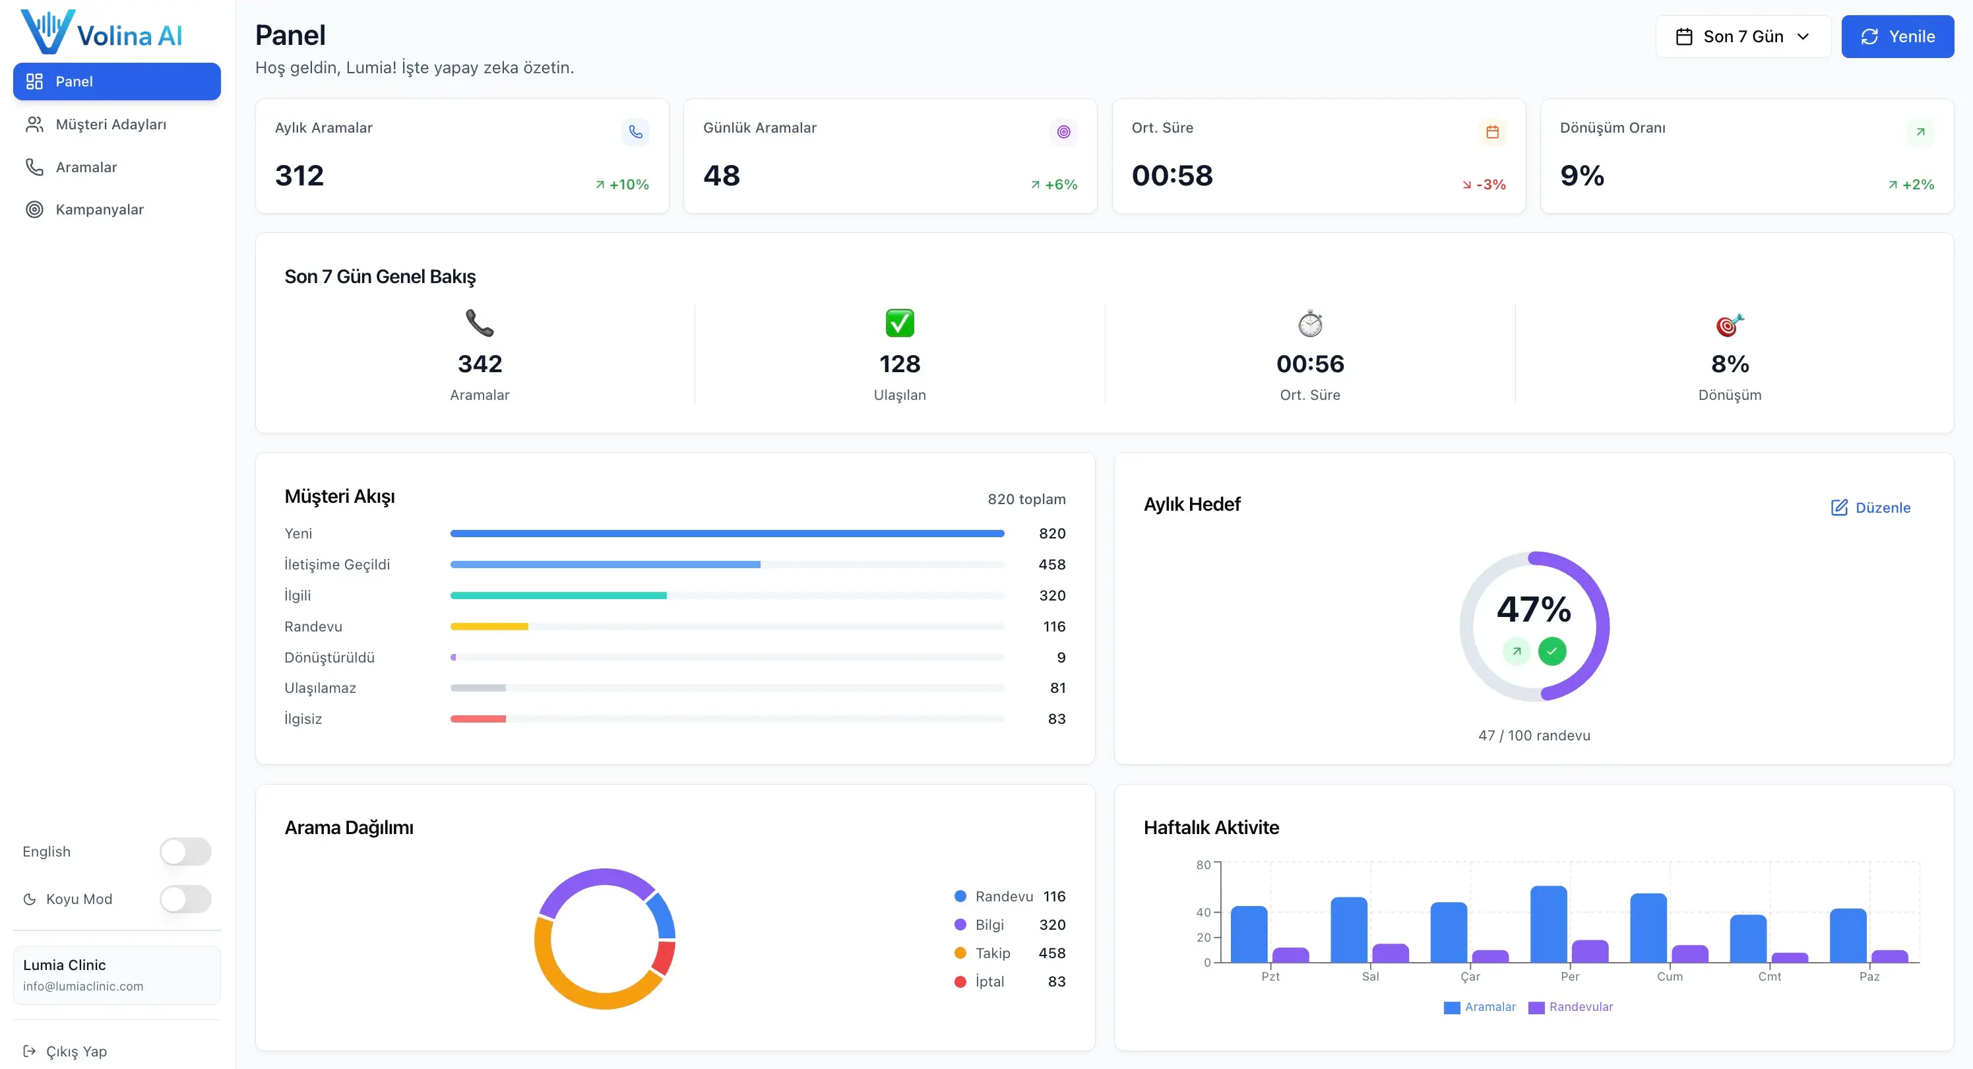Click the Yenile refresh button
[x=1897, y=36]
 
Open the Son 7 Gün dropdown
[x=1743, y=36]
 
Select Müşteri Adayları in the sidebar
[x=110, y=124]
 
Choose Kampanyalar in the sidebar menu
[x=100, y=209]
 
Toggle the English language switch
[x=185, y=851]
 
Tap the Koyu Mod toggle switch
[x=185, y=899]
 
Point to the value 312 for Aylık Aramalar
[x=299, y=176]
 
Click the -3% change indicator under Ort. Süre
[x=1484, y=185]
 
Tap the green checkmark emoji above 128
[x=899, y=323]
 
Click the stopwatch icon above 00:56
[x=1309, y=323]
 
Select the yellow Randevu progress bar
[x=489, y=626]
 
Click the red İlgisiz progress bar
[x=478, y=719]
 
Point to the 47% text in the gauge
[x=1534, y=609]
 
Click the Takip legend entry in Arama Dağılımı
[x=993, y=952]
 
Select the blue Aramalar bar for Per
[x=1548, y=924]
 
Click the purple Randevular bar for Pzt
[x=1290, y=955]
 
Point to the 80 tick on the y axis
[x=1203, y=864]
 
